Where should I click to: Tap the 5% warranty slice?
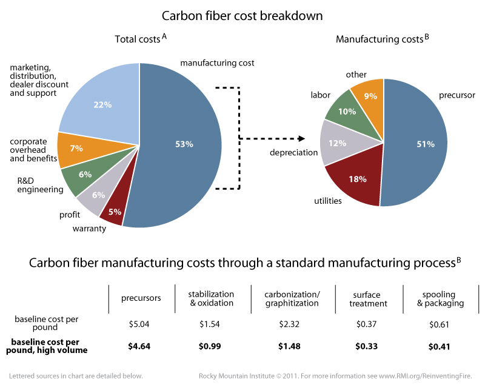115,212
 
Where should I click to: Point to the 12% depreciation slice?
338,143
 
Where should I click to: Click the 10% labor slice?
346,112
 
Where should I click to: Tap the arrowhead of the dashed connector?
299,138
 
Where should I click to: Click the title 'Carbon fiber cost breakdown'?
242,14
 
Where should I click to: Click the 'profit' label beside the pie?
70,215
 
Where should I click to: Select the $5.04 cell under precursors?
140,324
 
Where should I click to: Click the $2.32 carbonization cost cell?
283,324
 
